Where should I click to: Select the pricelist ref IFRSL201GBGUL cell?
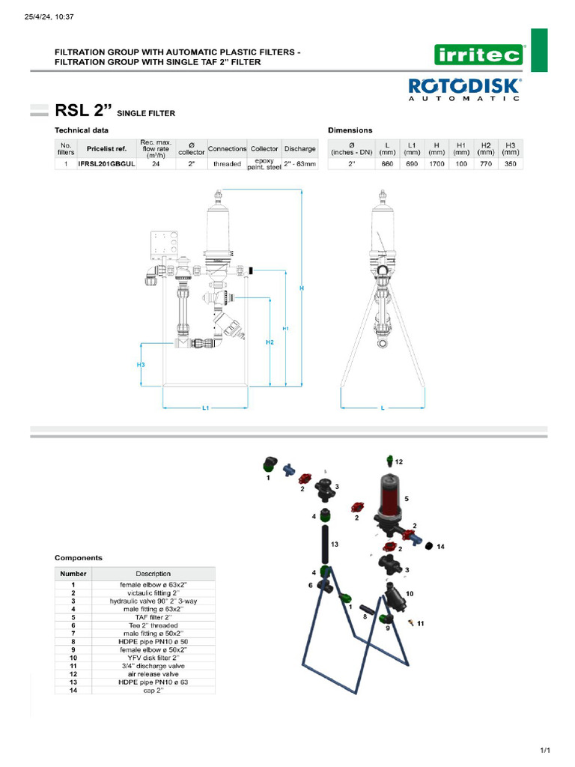[x=106, y=163]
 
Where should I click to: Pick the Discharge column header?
[x=299, y=148]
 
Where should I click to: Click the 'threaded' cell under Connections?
[x=227, y=163]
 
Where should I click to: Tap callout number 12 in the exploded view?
[x=399, y=461]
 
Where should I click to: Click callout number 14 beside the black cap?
[x=440, y=547]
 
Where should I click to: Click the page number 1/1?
[x=545, y=750]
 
